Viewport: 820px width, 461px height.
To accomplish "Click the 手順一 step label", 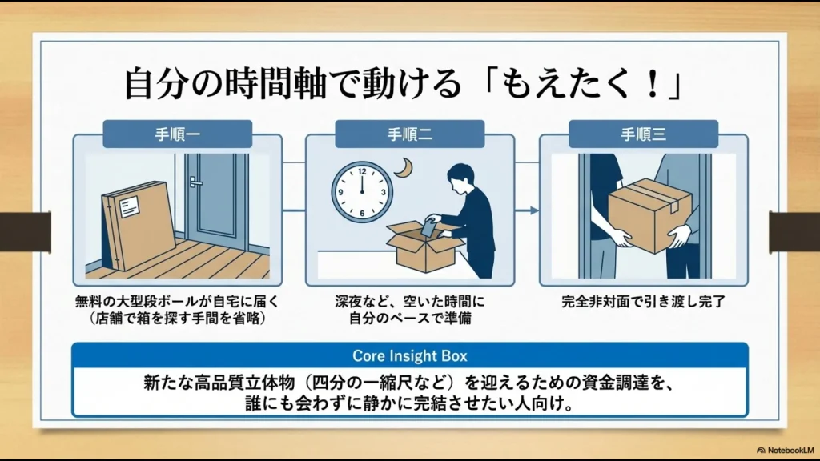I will pyautogui.click(x=177, y=134).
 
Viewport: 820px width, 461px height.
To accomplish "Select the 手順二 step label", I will pyautogui.click(x=410, y=134).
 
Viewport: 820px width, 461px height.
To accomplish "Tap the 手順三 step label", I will pyautogui.click(x=643, y=134).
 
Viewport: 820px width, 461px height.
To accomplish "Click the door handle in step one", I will pyautogui.click(x=195, y=182).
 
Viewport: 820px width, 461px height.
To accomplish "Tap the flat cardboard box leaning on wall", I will pyautogui.click(x=138, y=226).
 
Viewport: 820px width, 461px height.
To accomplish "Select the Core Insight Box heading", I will pyautogui.click(x=409, y=355).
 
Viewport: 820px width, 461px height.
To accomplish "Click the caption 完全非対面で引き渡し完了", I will pyautogui.click(x=643, y=303).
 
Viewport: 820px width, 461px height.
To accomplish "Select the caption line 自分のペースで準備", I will pyautogui.click(x=409, y=318).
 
